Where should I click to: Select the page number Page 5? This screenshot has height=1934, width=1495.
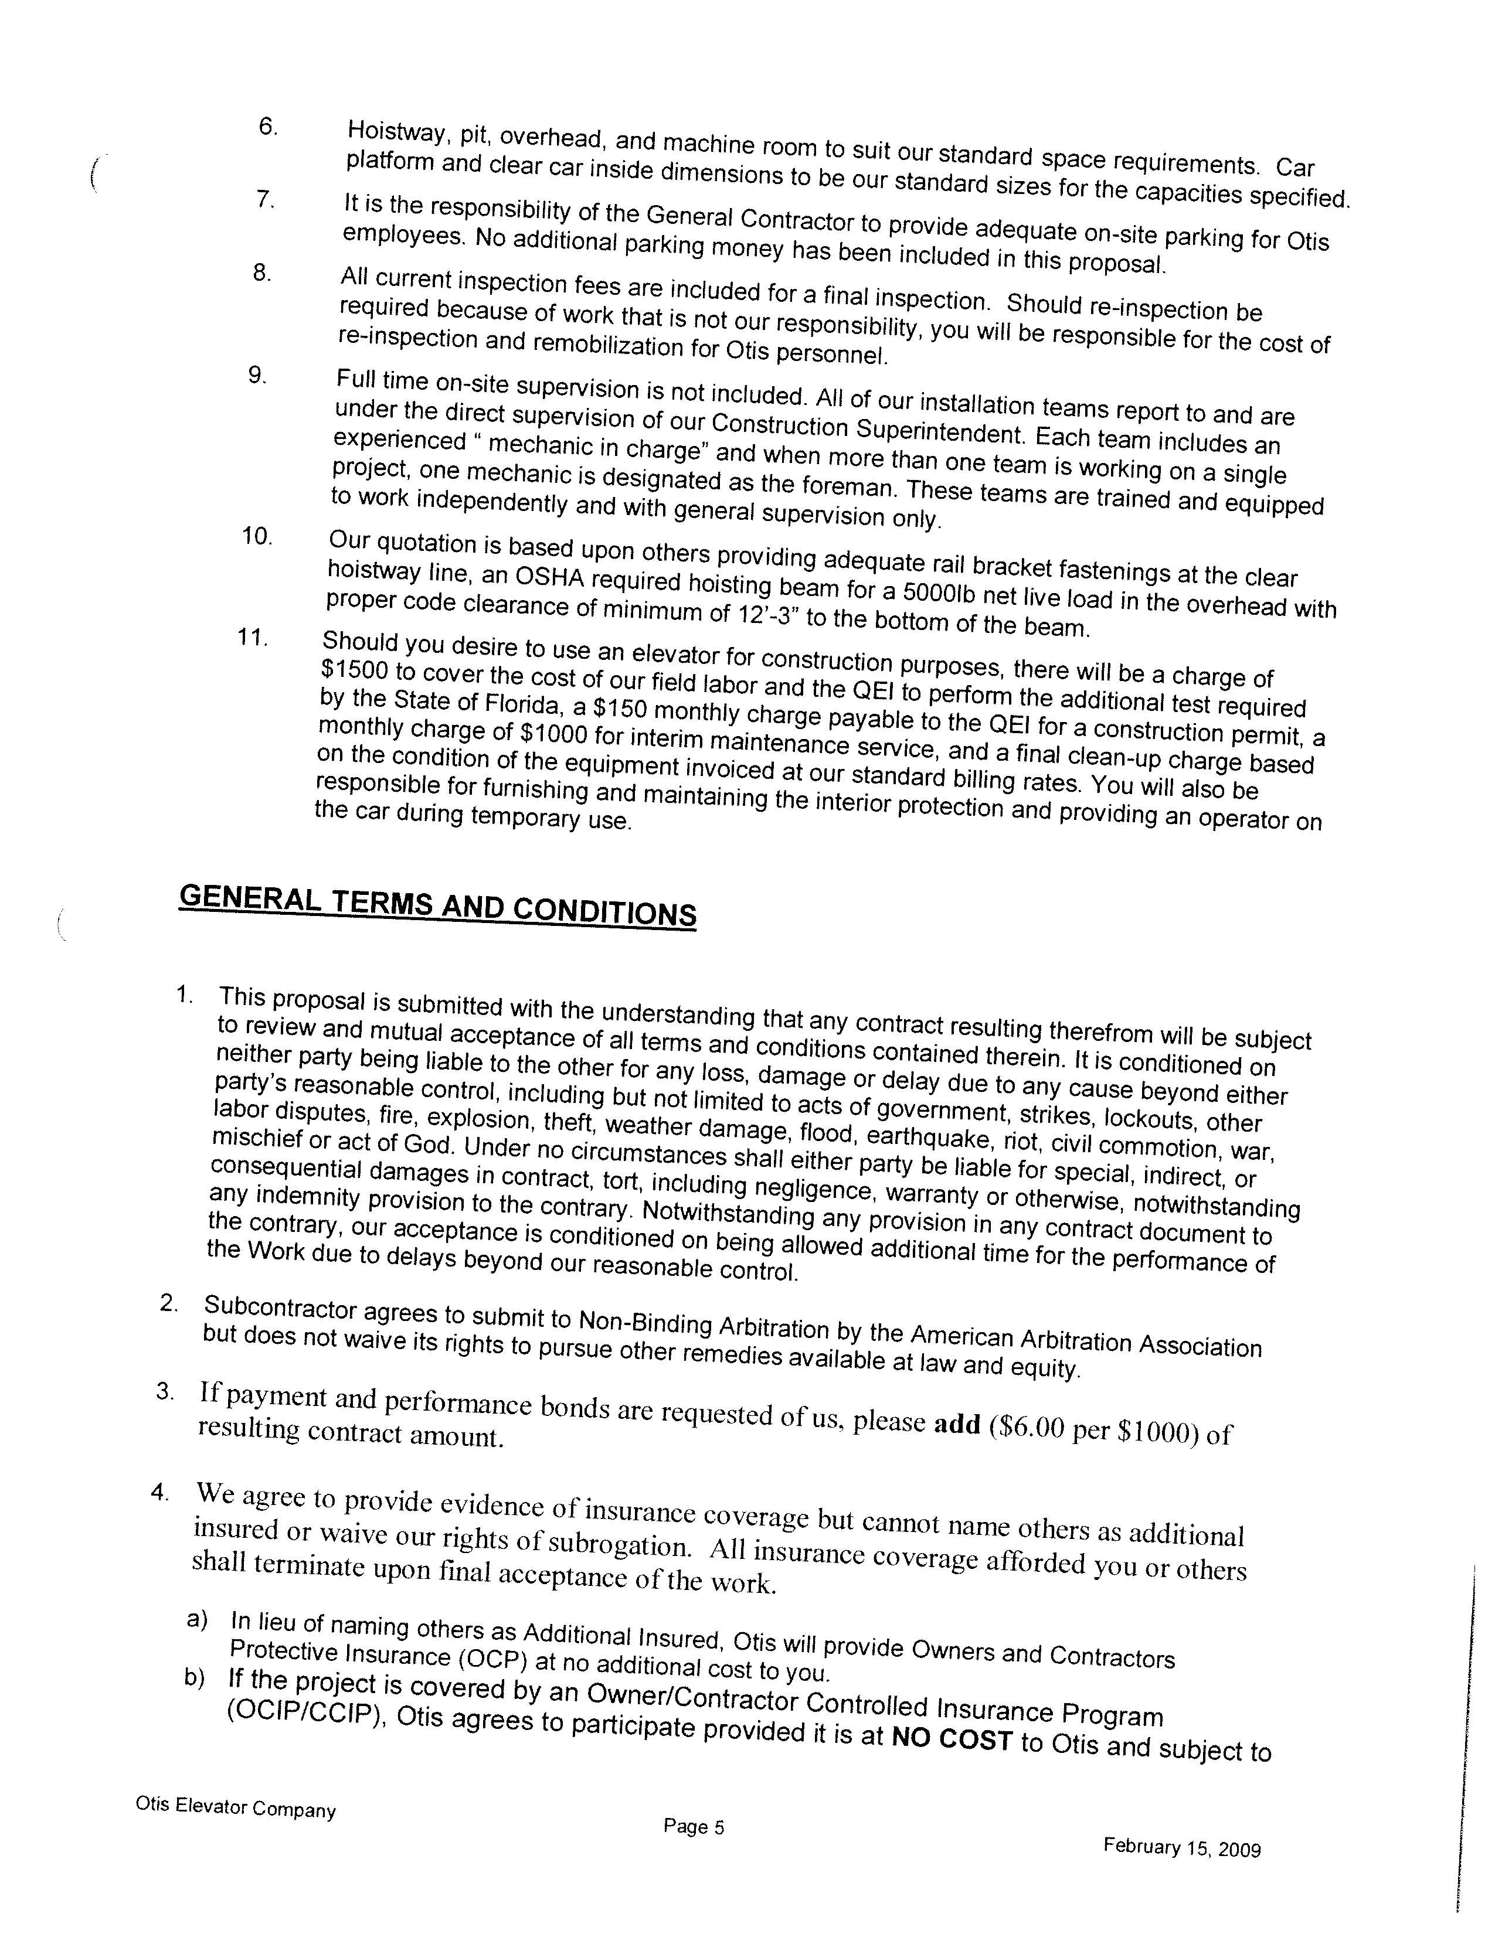tap(694, 1827)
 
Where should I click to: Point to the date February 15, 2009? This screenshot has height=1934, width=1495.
tap(1181, 1848)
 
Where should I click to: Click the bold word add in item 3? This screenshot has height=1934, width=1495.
tap(957, 1423)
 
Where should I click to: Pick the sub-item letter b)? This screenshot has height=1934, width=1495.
tap(195, 1679)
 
